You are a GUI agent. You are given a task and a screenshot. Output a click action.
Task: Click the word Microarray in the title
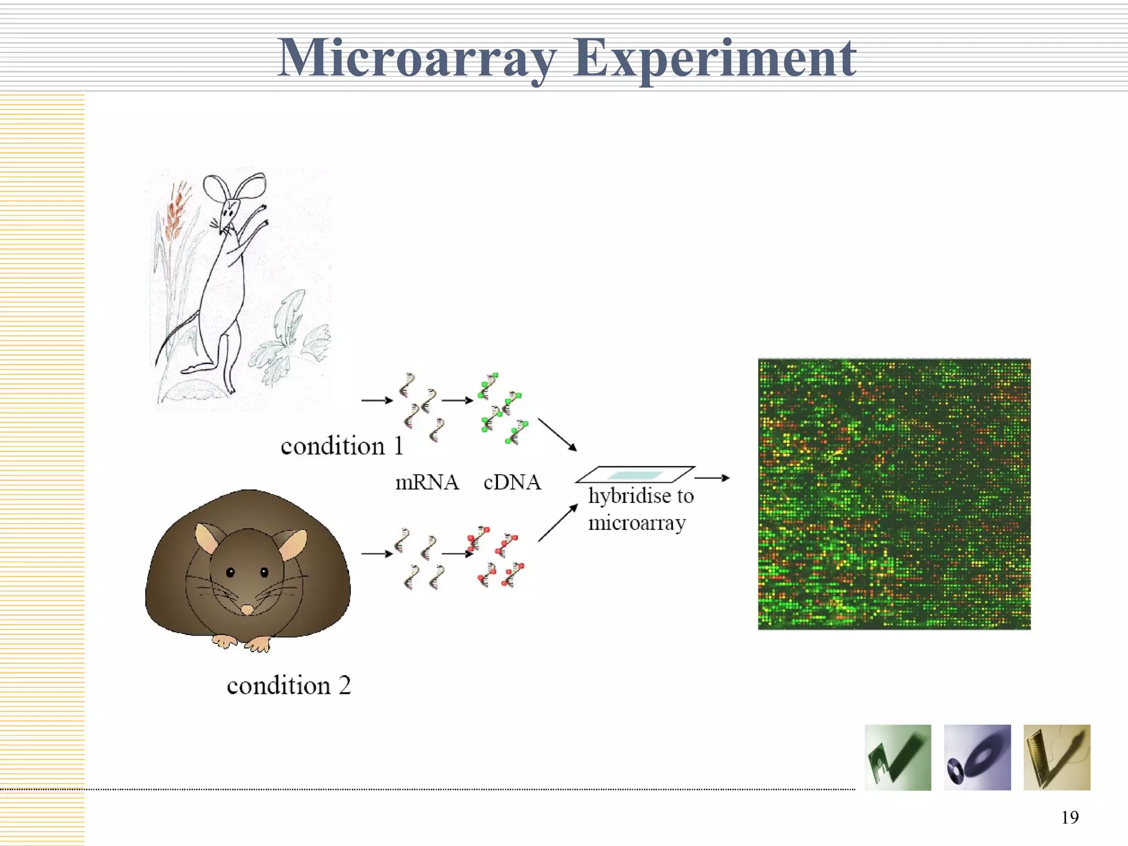pos(417,58)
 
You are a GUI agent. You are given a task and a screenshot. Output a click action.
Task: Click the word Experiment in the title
pos(714,58)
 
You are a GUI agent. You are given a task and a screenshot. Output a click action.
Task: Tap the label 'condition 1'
pos(341,446)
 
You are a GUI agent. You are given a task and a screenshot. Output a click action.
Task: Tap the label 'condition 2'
pos(289,686)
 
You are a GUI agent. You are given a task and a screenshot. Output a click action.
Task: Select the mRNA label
pos(427,482)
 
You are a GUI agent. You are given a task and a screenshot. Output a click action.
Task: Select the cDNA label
pos(512,482)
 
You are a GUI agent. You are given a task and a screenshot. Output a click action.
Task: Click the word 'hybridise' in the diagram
pos(630,496)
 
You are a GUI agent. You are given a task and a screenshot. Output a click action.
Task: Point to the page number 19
pos(1070,817)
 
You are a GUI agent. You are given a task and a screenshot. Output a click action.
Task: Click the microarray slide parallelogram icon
pos(634,474)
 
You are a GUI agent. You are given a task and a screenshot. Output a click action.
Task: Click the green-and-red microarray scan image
pos(894,494)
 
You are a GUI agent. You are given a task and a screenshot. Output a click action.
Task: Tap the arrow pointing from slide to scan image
pos(712,478)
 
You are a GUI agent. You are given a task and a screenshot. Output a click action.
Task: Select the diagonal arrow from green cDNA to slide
pos(557,435)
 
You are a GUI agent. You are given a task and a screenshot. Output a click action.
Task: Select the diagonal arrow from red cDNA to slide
pos(557,523)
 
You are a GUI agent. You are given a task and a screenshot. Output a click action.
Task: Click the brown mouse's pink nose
pos(247,609)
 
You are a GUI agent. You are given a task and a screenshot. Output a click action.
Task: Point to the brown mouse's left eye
pos(230,572)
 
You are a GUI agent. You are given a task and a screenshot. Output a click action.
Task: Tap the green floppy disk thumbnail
pos(898,757)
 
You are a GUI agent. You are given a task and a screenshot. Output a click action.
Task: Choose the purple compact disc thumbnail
pos(977,757)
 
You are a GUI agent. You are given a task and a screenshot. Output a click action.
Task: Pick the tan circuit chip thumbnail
pos(1056,757)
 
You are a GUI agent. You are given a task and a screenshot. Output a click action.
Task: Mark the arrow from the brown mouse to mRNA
pos(377,554)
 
